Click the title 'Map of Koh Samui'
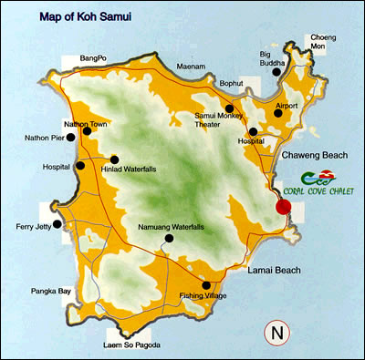tap(80, 16)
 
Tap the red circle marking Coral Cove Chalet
tap(284, 207)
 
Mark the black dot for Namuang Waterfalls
tap(168, 238)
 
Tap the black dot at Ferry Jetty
tap(57, 223)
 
